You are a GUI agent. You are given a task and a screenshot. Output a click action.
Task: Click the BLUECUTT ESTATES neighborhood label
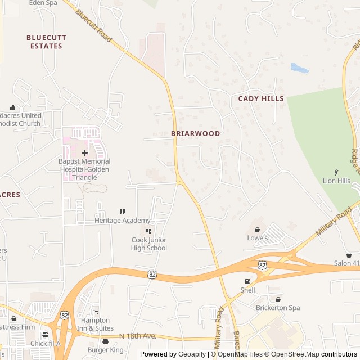click(x=46, y=42)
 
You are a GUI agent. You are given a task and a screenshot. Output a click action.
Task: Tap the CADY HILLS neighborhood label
click(x=261, y=98)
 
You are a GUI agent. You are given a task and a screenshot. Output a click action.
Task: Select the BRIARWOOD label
click(x=196, y=133)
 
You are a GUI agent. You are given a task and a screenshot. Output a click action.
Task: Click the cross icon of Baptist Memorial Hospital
click(x=84, y=152)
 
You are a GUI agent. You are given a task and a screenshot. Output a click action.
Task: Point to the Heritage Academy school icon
click(x=122, y=211)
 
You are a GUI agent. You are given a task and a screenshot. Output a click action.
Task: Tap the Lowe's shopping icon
click(x=258, y=229)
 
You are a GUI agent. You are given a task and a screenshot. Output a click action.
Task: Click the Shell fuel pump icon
click(x=247, y=281)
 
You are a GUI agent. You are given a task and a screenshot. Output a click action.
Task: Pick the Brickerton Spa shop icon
click(x=278, y=299)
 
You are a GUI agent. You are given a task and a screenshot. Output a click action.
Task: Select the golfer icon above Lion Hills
click(x=336, y=172)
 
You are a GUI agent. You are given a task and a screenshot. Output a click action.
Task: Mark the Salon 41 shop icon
click(x=349, y=255)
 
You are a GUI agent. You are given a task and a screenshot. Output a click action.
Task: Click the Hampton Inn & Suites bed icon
click(x=95, y=312)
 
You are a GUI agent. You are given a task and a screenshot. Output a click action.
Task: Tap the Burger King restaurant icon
click(x=105, y=341)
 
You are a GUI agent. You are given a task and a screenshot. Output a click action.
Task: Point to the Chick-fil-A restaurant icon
click(x=45, y=335)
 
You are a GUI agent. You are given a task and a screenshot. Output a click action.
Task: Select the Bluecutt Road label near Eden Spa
click(x=93, y=25)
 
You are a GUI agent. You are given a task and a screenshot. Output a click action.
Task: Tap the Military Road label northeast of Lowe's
click(x=334, y=221)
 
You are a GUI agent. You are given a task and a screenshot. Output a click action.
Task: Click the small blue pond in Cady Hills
click(x=299, y=69)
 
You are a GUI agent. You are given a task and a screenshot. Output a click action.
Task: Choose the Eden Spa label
click(x=43, y=3)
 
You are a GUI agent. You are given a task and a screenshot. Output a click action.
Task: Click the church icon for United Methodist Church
click(x=13, y=107)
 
